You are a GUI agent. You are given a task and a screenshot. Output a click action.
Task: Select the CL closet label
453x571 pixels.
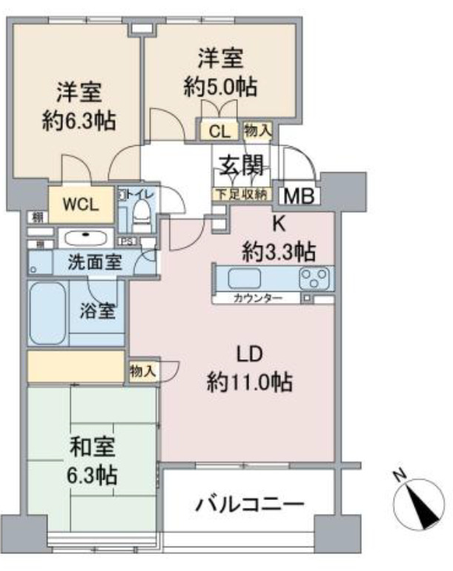tap(219, 132)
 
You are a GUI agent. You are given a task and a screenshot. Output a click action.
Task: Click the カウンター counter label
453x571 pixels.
tap(257, 298)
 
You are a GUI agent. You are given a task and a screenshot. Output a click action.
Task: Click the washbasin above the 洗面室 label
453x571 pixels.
tap(84, 238)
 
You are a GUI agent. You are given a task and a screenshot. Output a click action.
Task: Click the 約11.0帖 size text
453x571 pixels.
tap(249, 382)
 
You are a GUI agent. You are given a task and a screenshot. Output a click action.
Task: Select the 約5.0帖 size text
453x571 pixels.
tap(220, 86)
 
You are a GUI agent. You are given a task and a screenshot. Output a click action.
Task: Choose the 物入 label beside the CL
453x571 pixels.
tap(257, 131)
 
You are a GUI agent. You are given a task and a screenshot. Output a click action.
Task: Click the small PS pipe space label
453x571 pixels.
tap(127, 241)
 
